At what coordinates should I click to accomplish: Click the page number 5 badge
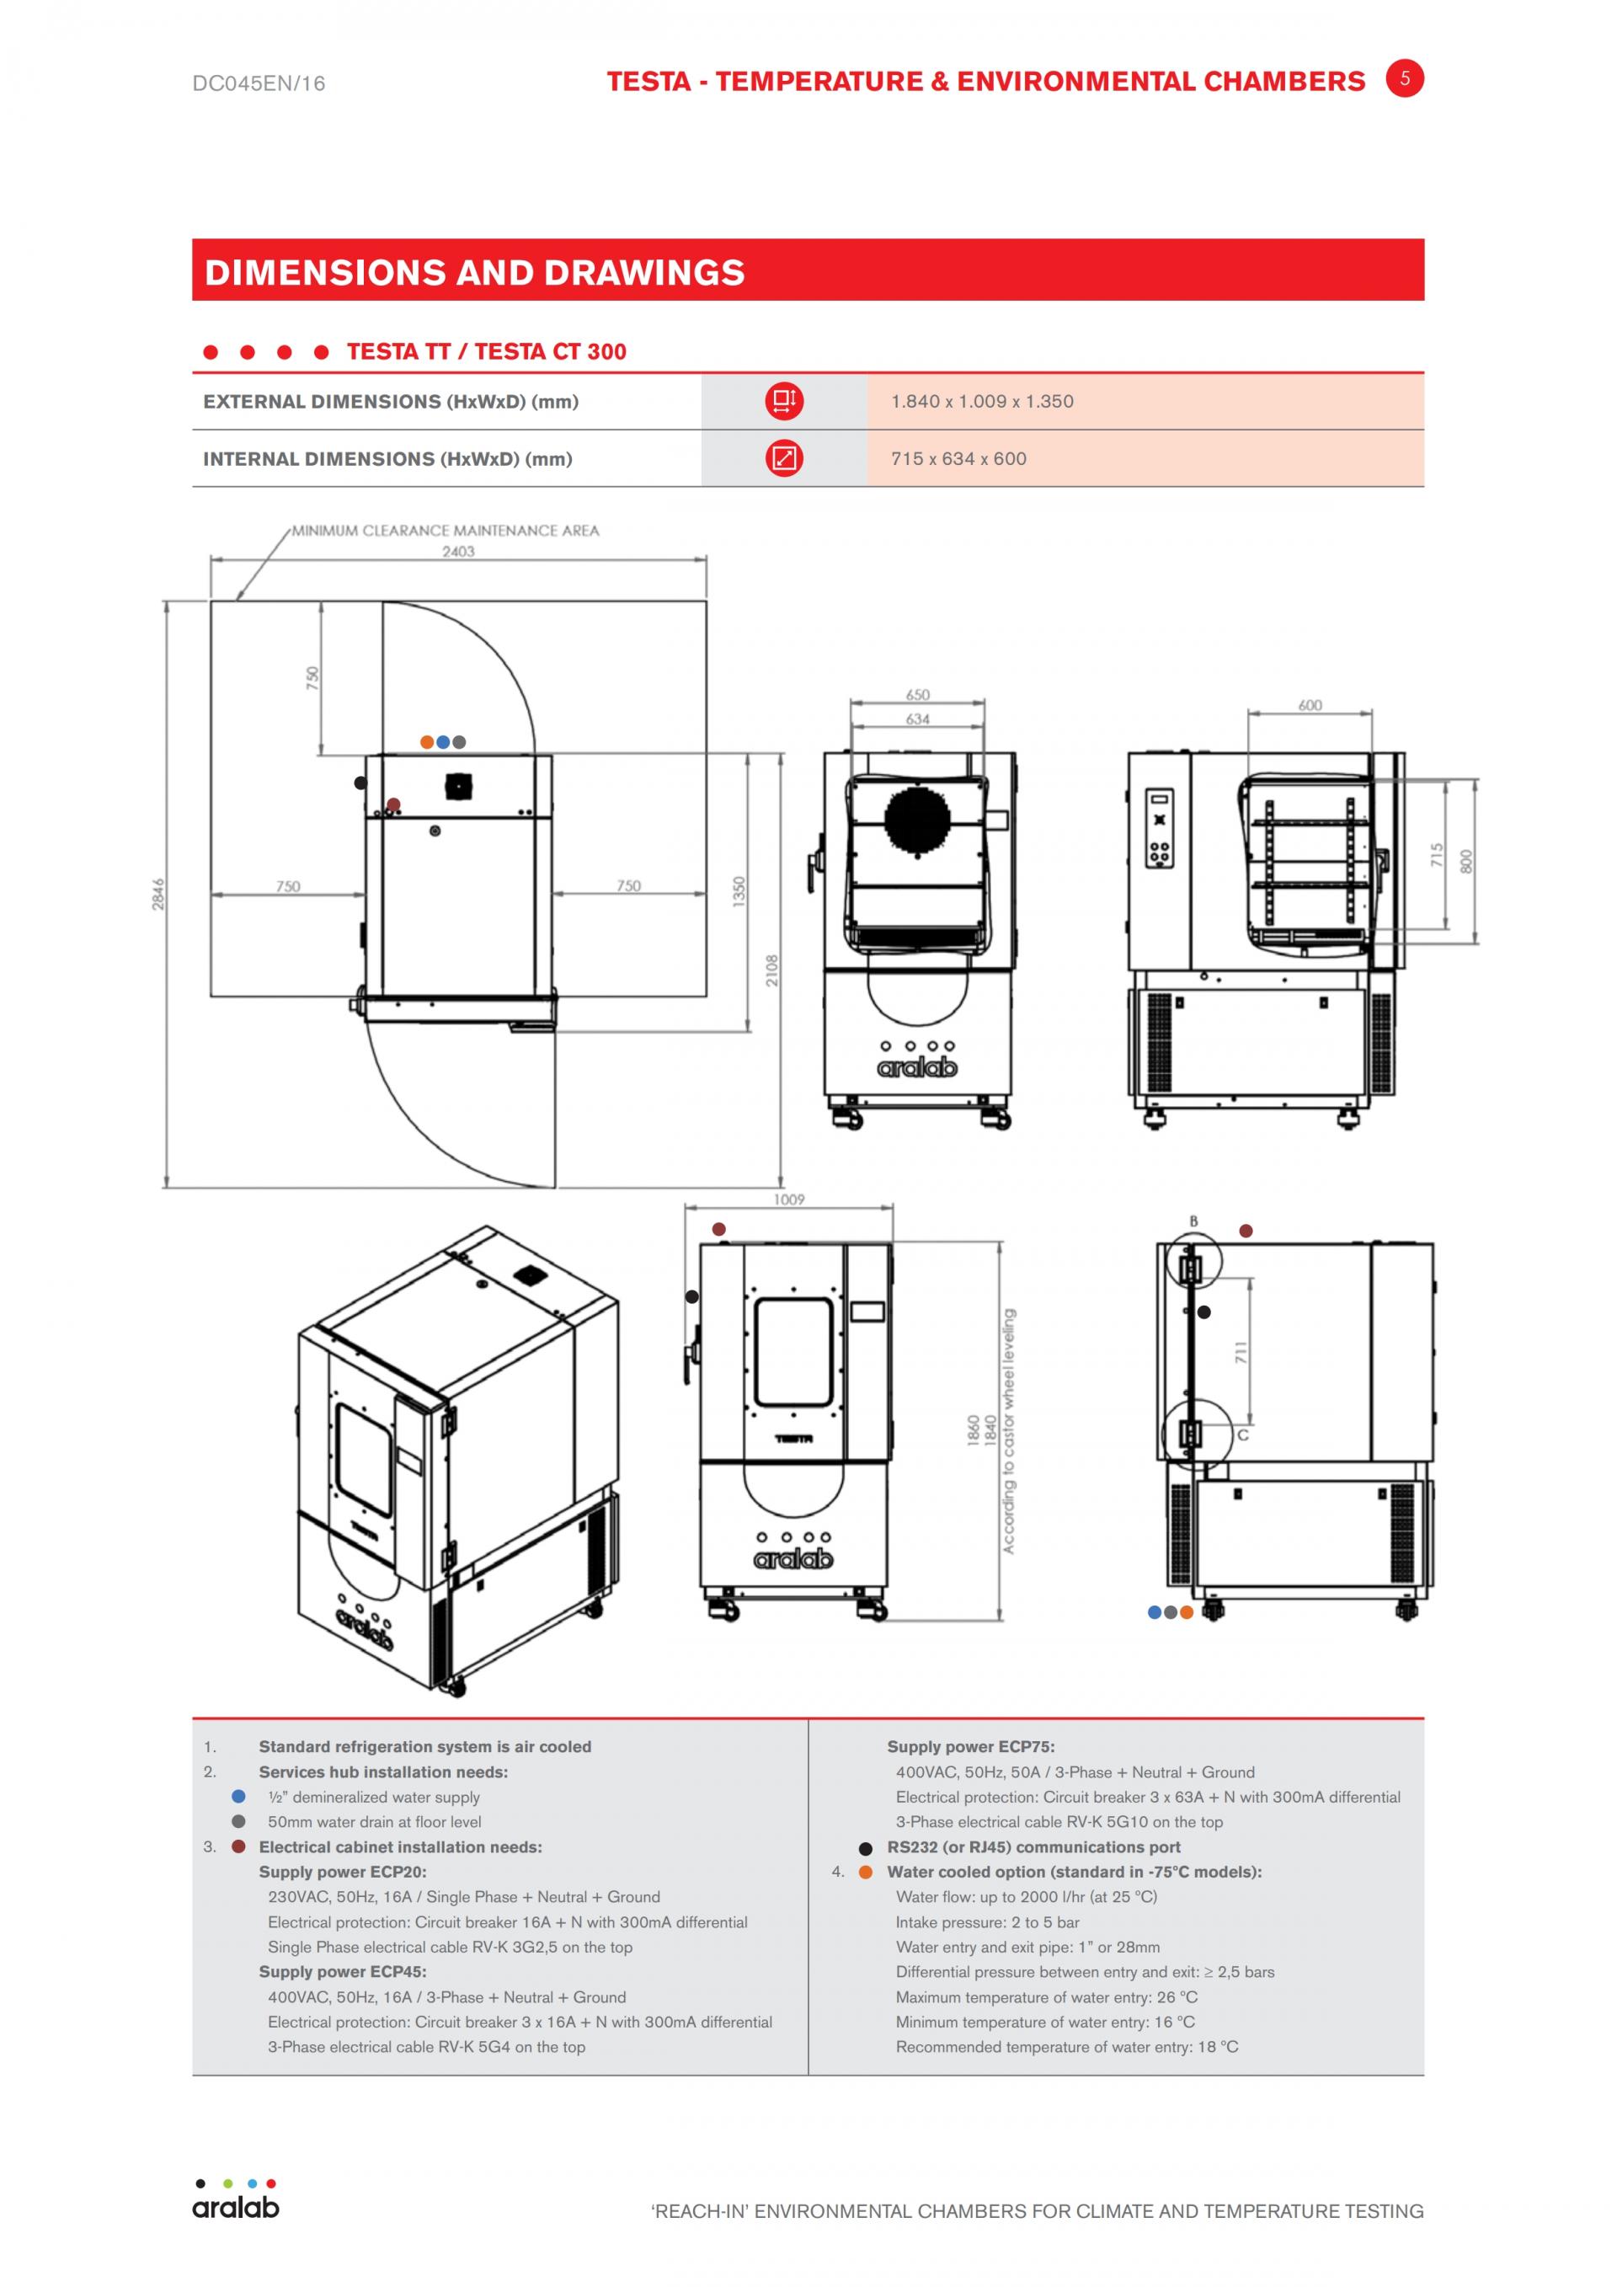click(1405, 78)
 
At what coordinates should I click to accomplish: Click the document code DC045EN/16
click(259, 83)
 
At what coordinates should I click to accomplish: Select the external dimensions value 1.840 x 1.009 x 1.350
click(982, 402)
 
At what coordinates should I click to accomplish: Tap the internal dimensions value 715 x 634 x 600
click(959, 459)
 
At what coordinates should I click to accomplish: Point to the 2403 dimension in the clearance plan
click(459, 551)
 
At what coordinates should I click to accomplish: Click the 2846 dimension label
click(158, 894)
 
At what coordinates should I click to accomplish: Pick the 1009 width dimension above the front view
click(788, 1200)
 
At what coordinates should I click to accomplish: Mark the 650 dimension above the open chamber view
click(918, 694)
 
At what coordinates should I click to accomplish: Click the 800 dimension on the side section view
click(1465, 862)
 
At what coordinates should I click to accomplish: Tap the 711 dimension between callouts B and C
click(1241, 1353)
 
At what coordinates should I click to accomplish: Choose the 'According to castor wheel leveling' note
click(1009, 1430)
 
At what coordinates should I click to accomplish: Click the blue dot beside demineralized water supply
click(239, 1796)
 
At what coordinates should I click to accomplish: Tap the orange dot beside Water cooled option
click(865, 1872)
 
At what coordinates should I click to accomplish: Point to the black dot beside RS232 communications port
click(865, 1848)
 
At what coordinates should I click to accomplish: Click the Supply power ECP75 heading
click(971, 1746)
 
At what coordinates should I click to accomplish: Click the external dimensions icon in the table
click(783, 402)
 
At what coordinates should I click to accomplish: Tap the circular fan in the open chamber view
click(917, 820)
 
